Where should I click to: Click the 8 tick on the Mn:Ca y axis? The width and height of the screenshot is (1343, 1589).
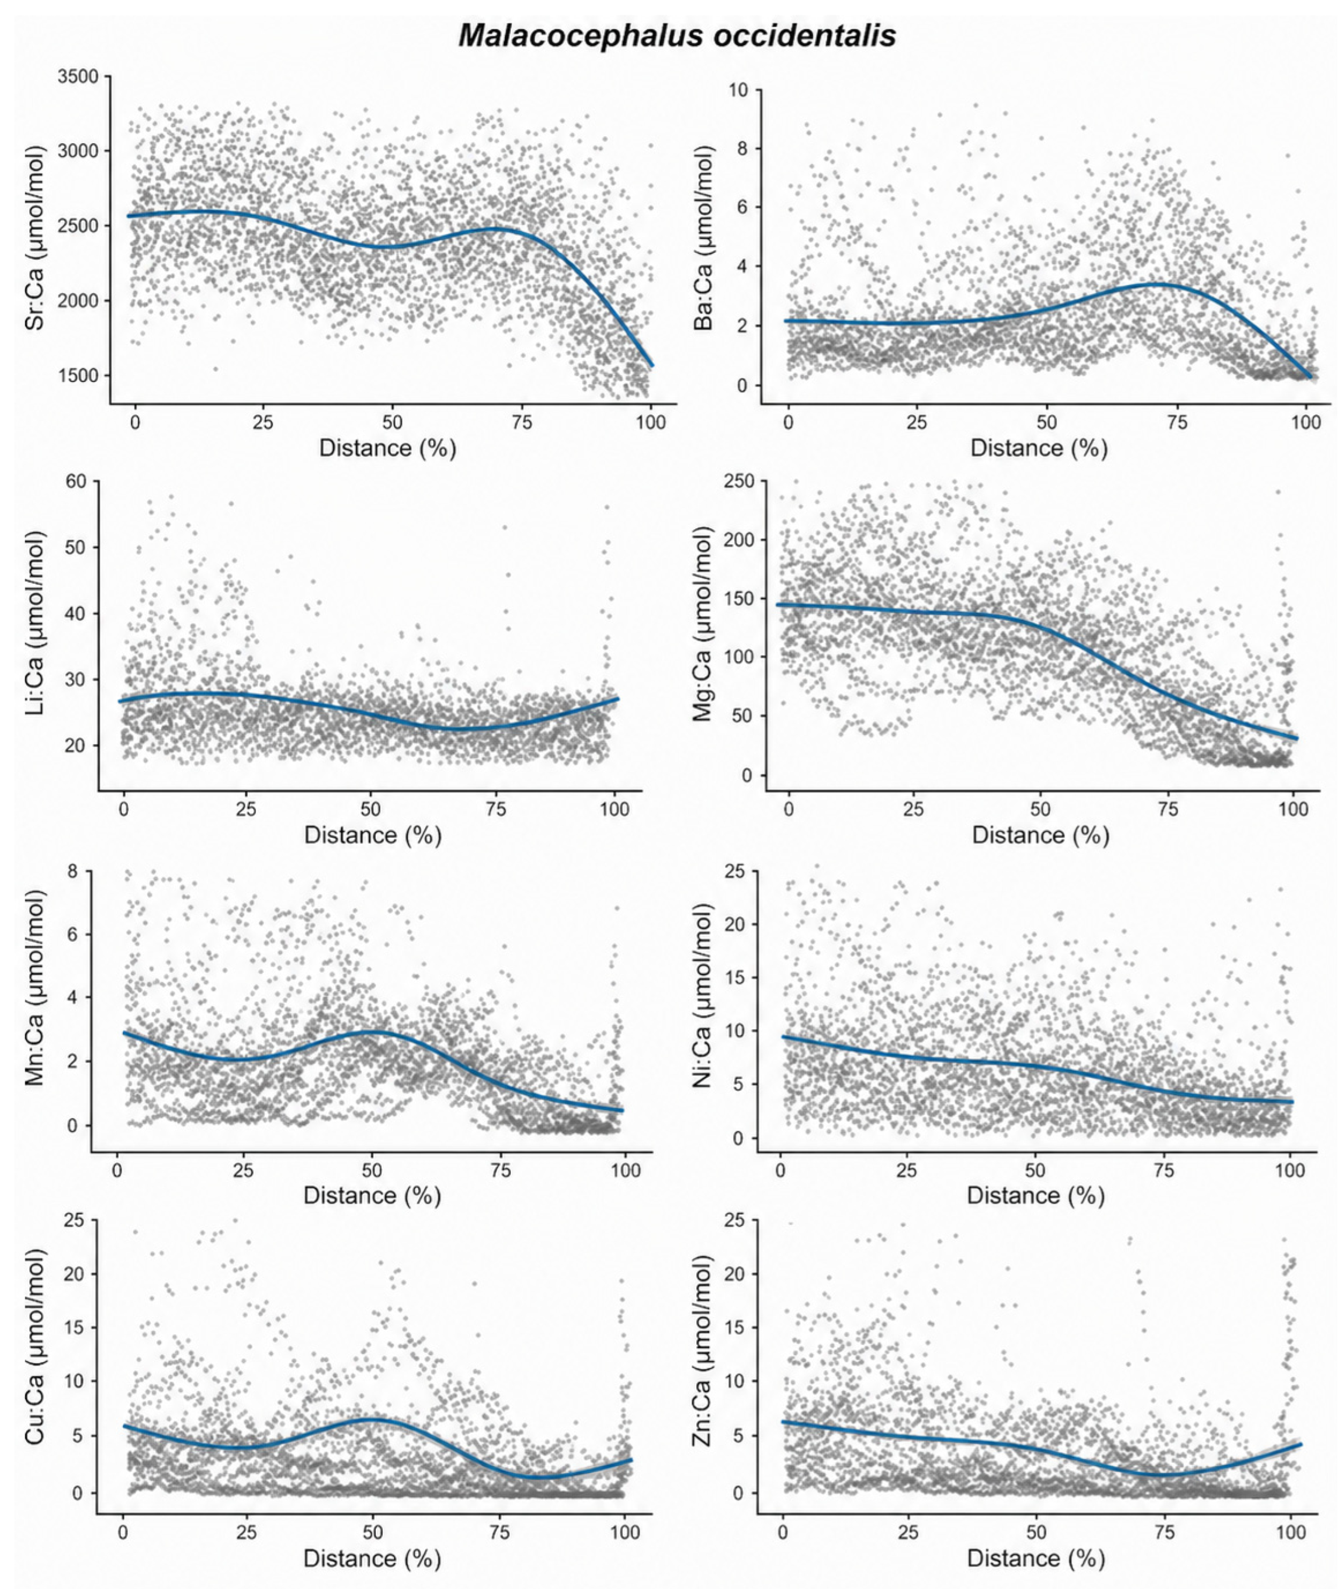(73, 872)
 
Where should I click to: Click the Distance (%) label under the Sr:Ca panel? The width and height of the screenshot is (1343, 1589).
(388, 448)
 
